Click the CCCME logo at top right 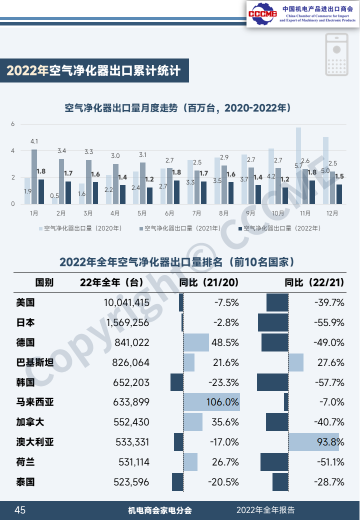pyautogui.click(x=262, y=13)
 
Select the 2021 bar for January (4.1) pyautogui.click(x=34, y=176)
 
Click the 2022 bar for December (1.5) pyautogui.click(x=339, y=194)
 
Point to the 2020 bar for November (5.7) pyautogui.click(x=298, y=165)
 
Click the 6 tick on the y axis pyautogui.click(x=13, y=124)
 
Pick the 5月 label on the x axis pyautogui.click(x=142, y=213)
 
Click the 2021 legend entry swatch pyautogui.click(x=141, y=228)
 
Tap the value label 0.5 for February pyautogui.click(x=55, y=196)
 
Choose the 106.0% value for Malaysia pyautogui.click(x=222, y=402)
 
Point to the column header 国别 pyautogui.click(x=44, y=282)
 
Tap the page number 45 pyautogui.click(x=20, y=510)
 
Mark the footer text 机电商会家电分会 pyautogui.click(x=160, y=510)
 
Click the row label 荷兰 pyautogui.click(x=25, y=462)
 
